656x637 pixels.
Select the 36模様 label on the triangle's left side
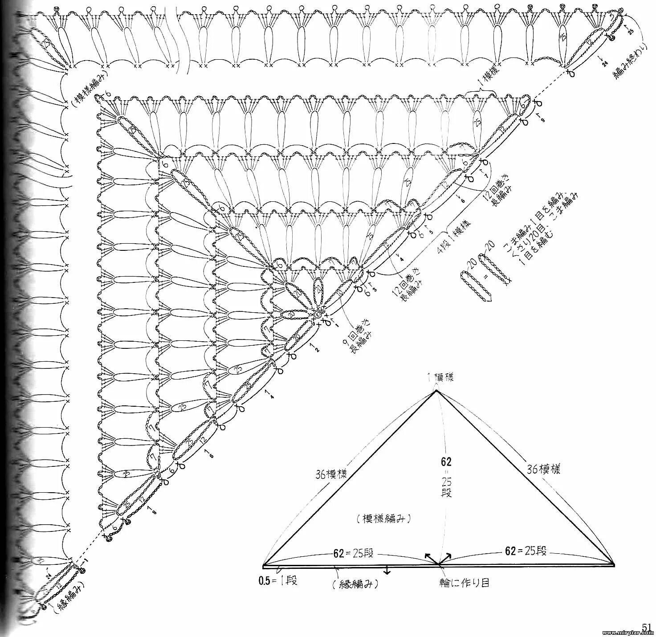(x=331, y=474)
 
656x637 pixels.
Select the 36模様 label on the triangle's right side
(x=544, y=469)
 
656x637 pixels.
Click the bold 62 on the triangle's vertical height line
(x=446, y=462)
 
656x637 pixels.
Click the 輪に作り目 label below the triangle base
(x=463, y=582)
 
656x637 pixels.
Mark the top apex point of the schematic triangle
(x=436, y=391)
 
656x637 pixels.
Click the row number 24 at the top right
(x=604, y=63)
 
